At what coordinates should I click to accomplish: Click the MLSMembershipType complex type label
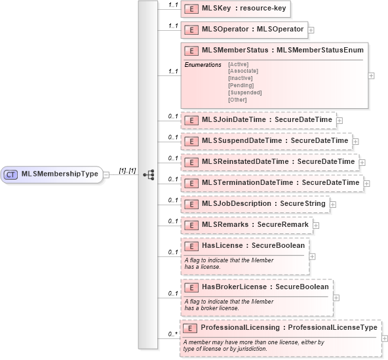(x=60, y=174)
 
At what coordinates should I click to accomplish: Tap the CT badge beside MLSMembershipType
(x=11, y=174)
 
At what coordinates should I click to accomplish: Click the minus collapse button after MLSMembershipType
(x=106, y=174)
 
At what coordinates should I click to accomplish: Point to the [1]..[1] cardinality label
(x=127, y=170)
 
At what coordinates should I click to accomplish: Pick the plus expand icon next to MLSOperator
(x=311, y=30)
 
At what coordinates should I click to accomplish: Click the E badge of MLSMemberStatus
(x=192, y=50)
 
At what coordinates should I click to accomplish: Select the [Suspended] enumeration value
(x=244, y=92)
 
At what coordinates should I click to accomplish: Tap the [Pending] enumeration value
(x=241, y=85)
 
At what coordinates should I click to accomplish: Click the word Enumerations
(x=203, y=64)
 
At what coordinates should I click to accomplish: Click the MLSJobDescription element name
(x=236, y=203)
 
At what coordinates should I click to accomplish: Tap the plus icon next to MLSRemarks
(x=316, y=225)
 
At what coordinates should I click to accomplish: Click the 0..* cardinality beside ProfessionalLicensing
(x=172, y=334)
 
